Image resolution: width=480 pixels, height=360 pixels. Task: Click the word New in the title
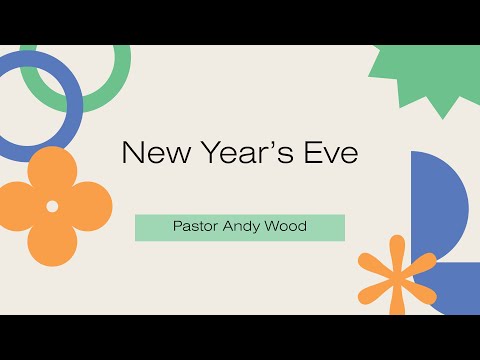point(151,153)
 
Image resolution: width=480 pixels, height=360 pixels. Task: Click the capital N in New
point(131,153)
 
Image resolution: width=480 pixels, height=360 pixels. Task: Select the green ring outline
point(120,80)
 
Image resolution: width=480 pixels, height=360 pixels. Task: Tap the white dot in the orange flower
point(52,206)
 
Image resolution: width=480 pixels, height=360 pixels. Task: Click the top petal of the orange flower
point(52,170)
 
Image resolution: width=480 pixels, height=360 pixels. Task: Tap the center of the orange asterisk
point(396,272)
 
